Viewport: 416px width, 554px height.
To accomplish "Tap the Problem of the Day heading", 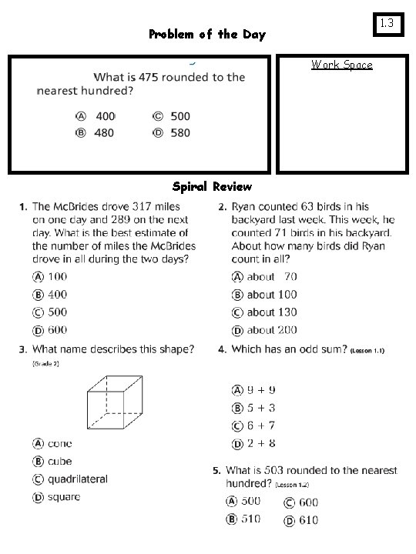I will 206,35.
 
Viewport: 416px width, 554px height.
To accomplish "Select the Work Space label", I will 342,65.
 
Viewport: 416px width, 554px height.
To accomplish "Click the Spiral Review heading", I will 212,187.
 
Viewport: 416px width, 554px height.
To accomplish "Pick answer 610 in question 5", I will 307,520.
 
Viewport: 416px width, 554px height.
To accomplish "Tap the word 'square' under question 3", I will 63,497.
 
